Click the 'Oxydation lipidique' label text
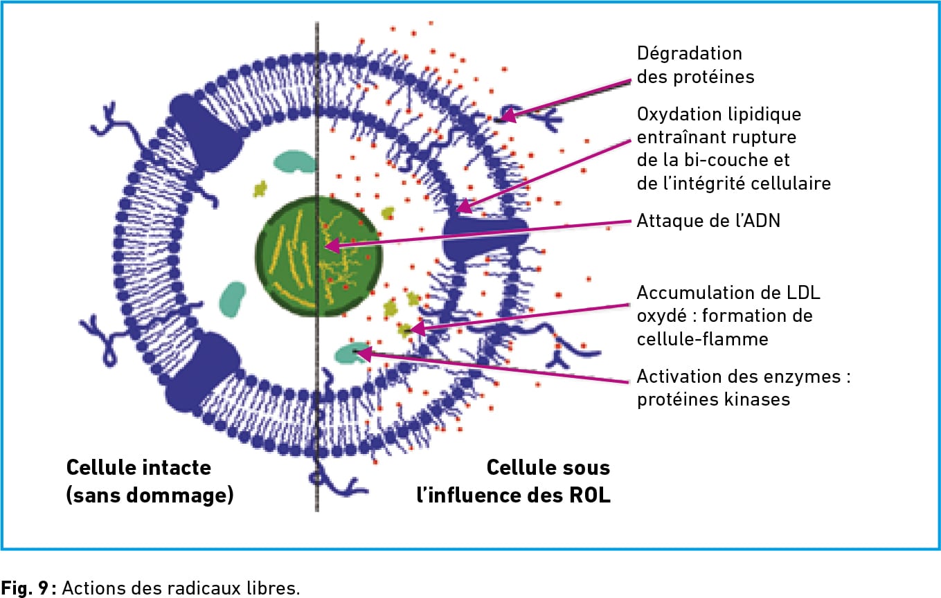(718, 113)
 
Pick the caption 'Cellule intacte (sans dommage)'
(150, 481)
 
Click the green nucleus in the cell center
(319, 257)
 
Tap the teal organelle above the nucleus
(294, 161)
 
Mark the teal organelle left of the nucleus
(233, 298)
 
